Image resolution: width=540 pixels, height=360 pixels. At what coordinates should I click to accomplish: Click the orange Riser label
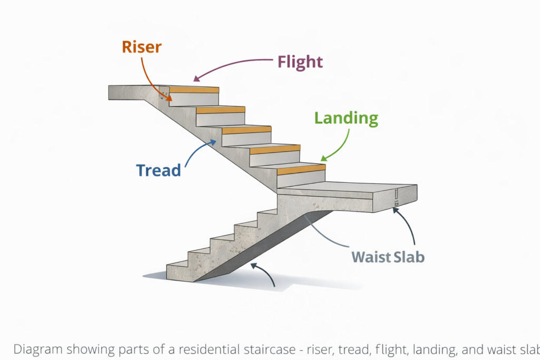click(x=141, y=47)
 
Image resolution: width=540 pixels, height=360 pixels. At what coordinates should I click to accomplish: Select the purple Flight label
click(x=300, y=62)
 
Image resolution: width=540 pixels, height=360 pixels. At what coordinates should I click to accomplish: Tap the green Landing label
click(x=346, y=118)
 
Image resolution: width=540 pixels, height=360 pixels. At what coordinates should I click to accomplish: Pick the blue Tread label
click(x=158, y=170)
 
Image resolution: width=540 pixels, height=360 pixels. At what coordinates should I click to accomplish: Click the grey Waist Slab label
click(x=388, y=257)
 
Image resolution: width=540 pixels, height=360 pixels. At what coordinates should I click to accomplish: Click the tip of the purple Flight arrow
click(x=195, y=80)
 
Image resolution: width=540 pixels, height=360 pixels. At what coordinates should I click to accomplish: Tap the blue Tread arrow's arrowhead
click(x=214, y=141)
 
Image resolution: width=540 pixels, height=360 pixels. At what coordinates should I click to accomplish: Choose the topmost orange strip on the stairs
click(x=194, y=90)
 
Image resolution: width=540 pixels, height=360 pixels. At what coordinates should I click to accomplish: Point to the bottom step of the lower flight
click(x=179, y=271)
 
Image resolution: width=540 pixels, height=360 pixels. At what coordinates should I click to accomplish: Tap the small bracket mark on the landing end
click(x=396, y=196)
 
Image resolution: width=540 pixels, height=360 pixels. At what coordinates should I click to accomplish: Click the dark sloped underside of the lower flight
click(x=253, y=248)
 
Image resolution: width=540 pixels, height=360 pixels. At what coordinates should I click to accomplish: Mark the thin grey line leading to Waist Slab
click(x=327, y=232)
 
